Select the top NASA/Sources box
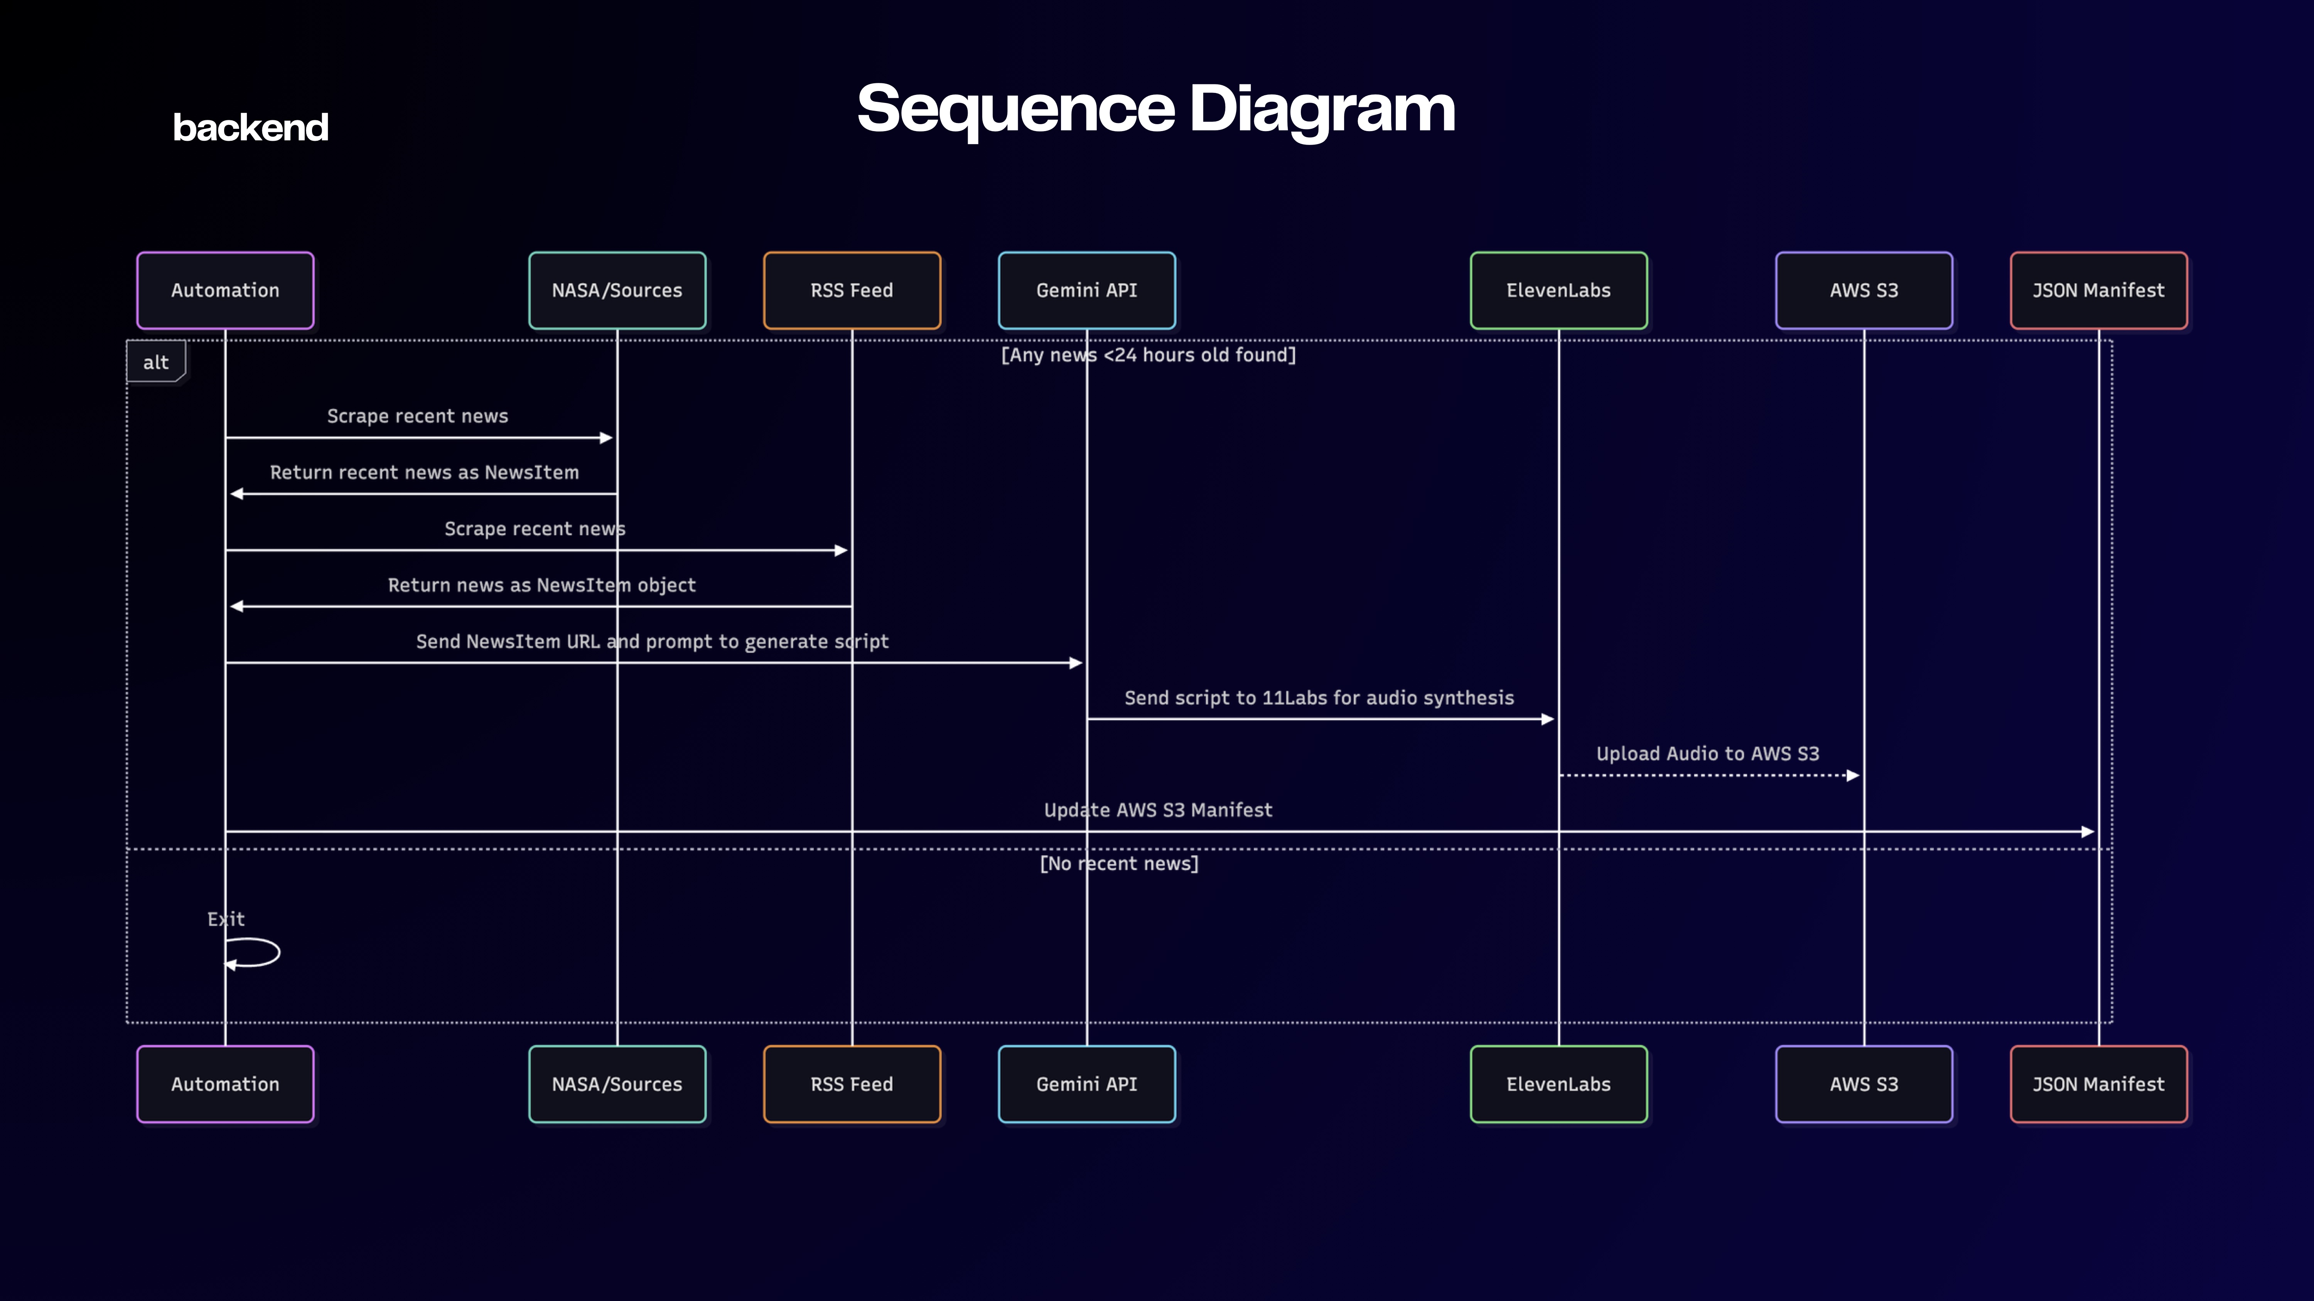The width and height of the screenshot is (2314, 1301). (617, 290)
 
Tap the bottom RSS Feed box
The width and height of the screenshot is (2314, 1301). (852, 1084)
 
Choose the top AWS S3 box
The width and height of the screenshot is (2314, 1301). (1864, 290)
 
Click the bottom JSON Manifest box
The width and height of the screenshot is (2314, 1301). (2098, 1084)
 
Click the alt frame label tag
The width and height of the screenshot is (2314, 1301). (155, 362)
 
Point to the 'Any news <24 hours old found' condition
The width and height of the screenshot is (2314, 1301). (1148, 355)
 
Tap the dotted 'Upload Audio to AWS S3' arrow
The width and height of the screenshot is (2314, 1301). (1707, 775)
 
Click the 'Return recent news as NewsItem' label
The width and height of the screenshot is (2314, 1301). (424, 472)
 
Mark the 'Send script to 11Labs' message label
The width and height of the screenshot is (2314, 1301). (1319, 698)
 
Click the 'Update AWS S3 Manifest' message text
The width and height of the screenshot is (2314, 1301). (1158, 810)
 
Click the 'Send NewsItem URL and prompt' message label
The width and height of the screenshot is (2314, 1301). (652, 641)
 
